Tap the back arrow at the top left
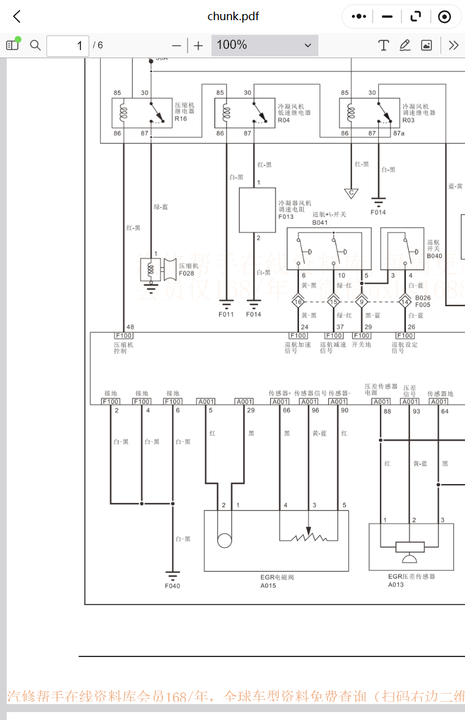(x=17, y=17)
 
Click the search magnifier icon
(x=35, y=45)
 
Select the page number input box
(x=67, y=45)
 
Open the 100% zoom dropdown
(x=265, y=45)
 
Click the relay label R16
(x=181, y=119)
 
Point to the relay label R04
(x=284, y=120)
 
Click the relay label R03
(x=408, y=120)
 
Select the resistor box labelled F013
(x=257, y=210)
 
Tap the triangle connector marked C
(x=351, y=193)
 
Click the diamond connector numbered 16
(x=298, y=301)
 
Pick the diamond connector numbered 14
(x=405, y=301)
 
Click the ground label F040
(x=172, y=586)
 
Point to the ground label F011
(x=226, y=314)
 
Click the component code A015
(x=268, y=585)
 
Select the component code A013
(x=396, y=584)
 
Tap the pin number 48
(x=130, y=327)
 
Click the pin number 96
(x=315, y=410)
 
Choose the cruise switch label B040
(x=434, y=256)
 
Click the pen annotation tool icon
(x=405, y=45)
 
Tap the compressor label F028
(x=187, y=273)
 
